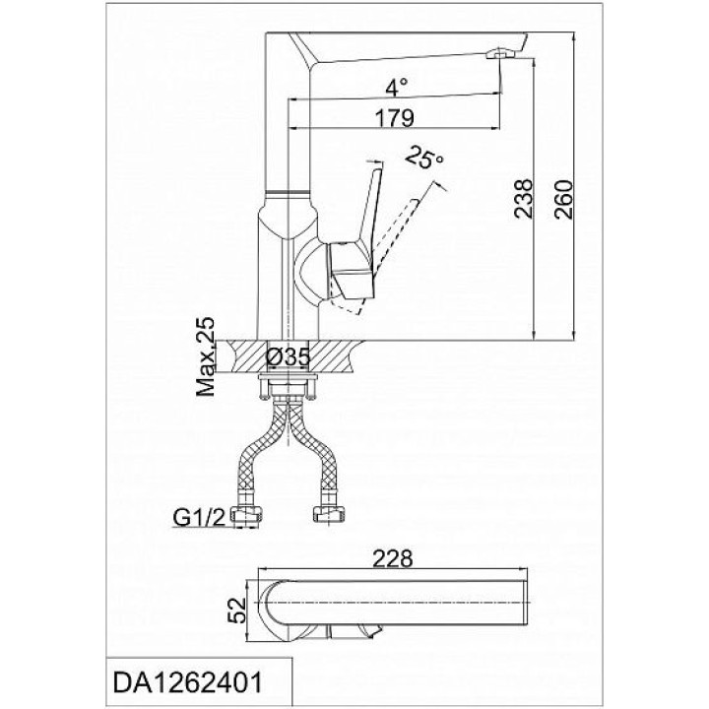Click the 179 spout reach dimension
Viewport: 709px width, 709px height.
point(394,118)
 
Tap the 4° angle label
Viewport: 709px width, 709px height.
point(397,88)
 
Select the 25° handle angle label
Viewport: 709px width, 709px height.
point(423,158)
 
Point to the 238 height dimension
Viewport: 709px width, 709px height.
point(525,199)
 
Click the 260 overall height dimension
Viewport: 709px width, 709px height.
point(564,199)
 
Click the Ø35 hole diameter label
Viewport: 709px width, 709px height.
point(289,357)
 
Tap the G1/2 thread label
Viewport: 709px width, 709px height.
point(199,518)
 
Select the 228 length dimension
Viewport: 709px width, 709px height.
point(393,558)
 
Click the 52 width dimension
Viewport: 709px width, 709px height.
point(236,611)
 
